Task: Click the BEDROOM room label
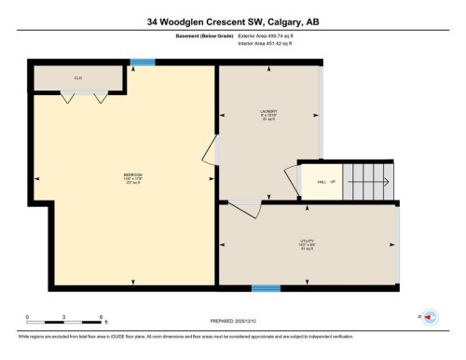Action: tap(132, 176)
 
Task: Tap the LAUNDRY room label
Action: tap(268, 114)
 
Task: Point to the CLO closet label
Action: tap(79, 78)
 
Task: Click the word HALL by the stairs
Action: tap(322, 182)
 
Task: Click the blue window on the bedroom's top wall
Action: tap(142, 62)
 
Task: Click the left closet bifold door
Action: tap(68, 96)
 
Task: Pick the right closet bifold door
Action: tap(101, 96)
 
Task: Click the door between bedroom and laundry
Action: tap(211, 149)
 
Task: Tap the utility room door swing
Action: tap(244, 211)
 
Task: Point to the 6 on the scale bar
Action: tap(100, 318)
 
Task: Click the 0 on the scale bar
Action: tap(28, 318)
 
